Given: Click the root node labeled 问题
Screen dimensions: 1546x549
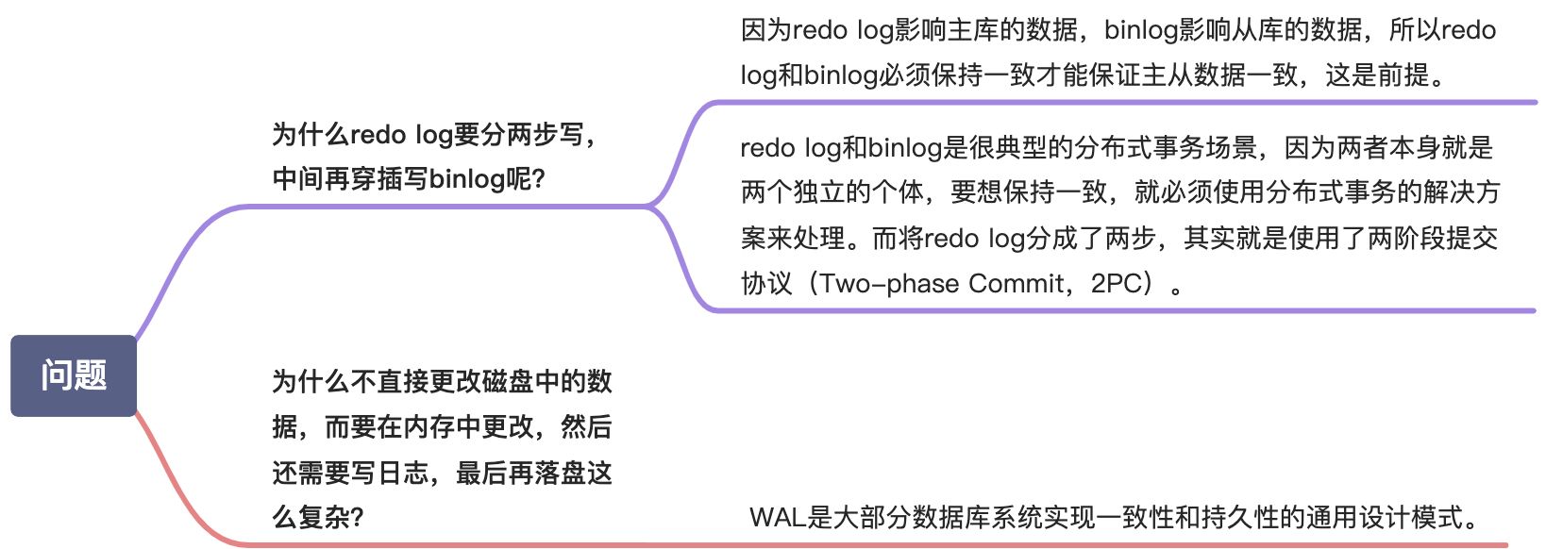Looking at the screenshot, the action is click(74, 375).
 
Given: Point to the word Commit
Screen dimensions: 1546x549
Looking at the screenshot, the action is click(1017, 283).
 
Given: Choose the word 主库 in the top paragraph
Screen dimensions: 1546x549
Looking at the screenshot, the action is click(972, 30).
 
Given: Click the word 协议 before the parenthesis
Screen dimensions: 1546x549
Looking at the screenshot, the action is click(765, 283).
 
